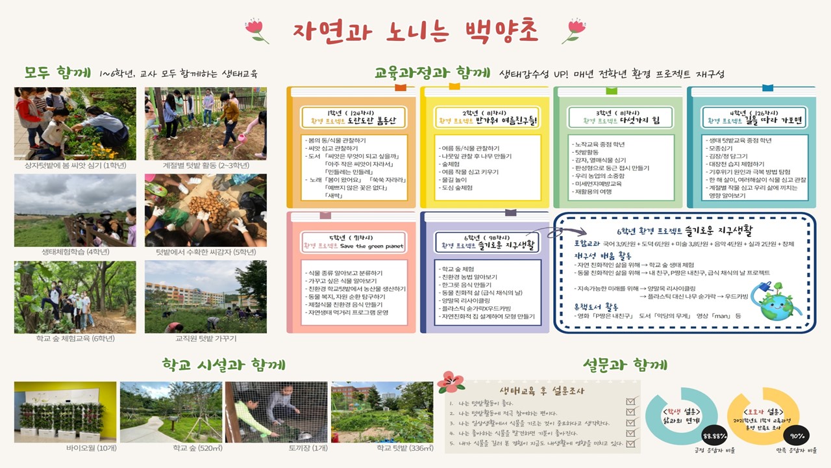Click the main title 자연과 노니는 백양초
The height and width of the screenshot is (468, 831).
coord(415,31)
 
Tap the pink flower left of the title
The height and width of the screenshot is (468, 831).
coord(256,30)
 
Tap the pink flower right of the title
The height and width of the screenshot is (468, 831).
coord(574,30)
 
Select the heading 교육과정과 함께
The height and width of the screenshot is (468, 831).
coord(432,72)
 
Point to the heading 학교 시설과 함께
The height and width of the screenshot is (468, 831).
coord(223,365)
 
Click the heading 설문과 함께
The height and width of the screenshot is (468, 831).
coord(625,365)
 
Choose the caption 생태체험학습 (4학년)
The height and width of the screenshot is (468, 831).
coord(75,252)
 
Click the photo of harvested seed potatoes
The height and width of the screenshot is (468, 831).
coord(205,210)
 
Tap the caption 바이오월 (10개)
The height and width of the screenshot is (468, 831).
coord(65,448)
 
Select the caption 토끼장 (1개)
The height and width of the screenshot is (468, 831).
coord(277,448)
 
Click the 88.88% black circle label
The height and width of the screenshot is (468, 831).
coord(714,435)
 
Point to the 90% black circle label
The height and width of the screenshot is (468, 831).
coord(798,435)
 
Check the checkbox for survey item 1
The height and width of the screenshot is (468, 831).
coord(629,401)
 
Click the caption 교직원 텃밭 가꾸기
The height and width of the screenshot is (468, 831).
coord(206,339)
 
